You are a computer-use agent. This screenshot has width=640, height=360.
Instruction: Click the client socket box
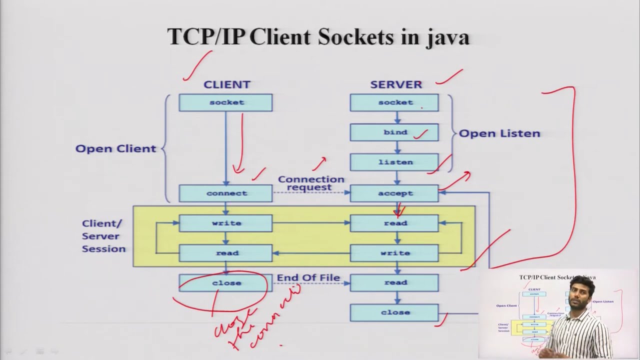[225, 102]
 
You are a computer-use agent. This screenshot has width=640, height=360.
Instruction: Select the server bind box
[394, 132]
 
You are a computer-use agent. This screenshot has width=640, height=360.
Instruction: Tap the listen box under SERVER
[394, 162]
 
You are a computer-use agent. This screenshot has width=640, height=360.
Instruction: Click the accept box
[394, 193]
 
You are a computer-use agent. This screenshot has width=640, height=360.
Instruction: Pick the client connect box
[225, 193]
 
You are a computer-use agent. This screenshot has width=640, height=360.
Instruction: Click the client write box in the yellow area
[225, 223]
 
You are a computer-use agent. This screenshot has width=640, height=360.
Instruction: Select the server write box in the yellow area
[394, 253]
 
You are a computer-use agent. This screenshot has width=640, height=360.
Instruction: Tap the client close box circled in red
[225, 283]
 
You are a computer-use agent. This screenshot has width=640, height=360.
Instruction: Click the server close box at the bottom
[394, 312]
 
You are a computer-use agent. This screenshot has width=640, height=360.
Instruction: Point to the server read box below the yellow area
[394, 282]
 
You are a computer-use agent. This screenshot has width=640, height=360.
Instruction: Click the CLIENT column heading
[226, 84]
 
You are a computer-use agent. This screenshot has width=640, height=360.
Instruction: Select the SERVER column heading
[396, 84]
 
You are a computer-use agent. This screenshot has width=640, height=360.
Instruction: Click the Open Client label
[115, 148]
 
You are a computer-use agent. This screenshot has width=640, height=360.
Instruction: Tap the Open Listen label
[499, 133]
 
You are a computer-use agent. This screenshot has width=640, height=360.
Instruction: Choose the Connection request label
[311, 183]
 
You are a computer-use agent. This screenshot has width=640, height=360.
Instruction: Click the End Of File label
[308, 277]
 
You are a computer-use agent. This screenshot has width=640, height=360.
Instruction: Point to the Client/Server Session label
[103, 236]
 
